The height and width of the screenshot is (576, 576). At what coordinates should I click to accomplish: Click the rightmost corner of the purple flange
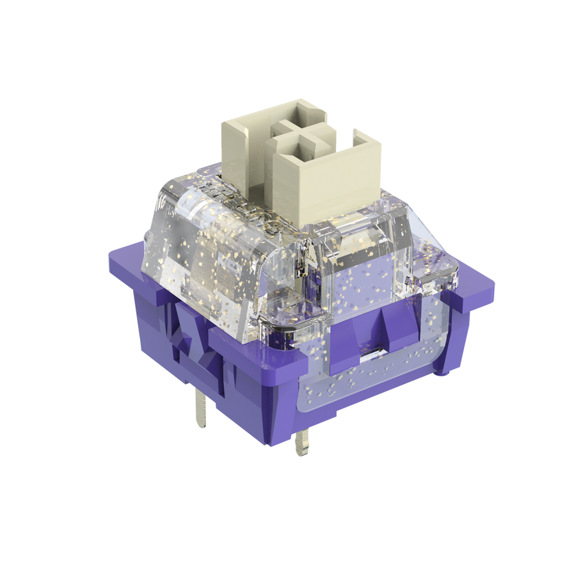[493, 285]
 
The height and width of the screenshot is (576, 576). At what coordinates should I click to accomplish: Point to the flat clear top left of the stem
[192, 192]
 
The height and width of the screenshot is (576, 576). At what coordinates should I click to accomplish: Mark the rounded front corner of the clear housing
[282, 307]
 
